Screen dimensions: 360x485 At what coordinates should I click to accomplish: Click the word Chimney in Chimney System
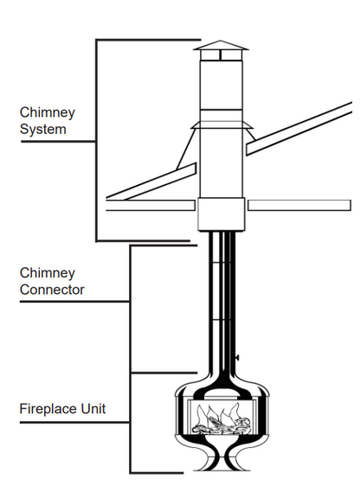point(48,113)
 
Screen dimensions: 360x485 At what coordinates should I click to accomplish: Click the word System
point(43,130)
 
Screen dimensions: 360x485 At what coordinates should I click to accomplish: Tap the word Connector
point(52,290)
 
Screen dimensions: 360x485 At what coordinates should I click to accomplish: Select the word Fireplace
point(48,409)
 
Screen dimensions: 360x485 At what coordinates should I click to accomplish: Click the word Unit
point(93,409)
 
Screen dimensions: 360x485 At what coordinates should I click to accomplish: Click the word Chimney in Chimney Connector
point(48,273)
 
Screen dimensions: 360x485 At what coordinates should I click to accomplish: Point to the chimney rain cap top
point(221,46)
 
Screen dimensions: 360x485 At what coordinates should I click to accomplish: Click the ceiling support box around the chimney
point(222,214)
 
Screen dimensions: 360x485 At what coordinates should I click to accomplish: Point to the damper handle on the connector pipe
point(237,358)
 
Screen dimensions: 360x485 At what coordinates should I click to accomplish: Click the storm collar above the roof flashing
point(222,124)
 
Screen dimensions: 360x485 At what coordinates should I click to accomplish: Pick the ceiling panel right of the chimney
point(299,205)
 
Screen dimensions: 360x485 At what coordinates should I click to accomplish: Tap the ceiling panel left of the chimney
point(151,205)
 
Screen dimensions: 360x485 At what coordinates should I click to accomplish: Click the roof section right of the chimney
point(299,128)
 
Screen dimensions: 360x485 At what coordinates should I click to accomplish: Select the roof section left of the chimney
point(151,182)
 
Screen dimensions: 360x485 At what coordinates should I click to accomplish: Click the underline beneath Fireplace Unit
point(74,422)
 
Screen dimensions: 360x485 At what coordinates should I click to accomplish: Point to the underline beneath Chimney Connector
point(74,301)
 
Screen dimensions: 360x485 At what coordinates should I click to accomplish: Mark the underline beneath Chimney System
point(58,142)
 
